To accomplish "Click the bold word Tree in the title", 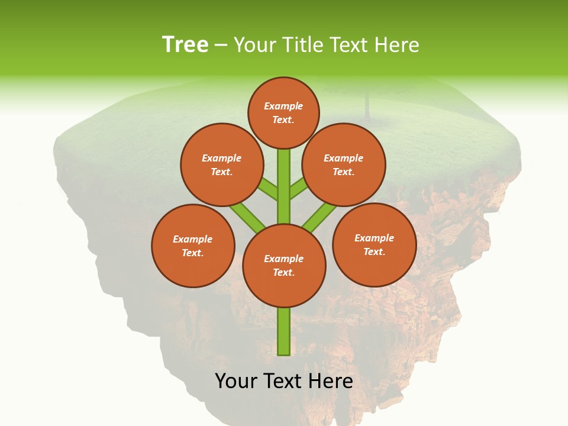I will [185, 45].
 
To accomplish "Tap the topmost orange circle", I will [283, 113].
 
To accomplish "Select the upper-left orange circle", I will [221, 165].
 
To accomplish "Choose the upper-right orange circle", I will [344, 165].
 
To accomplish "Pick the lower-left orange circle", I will [193, 246].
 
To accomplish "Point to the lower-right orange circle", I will [374, 245].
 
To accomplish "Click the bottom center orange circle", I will [284, 266].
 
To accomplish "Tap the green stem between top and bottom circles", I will [284, 186].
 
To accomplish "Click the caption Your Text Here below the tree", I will [284, 381].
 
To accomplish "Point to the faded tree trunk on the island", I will [367, 106].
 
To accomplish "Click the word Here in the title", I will [399, 45].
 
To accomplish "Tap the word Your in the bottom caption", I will [236, 381].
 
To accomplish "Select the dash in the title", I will [221, 45].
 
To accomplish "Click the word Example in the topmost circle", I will [283, 106].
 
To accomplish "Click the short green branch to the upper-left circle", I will [267, 190].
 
